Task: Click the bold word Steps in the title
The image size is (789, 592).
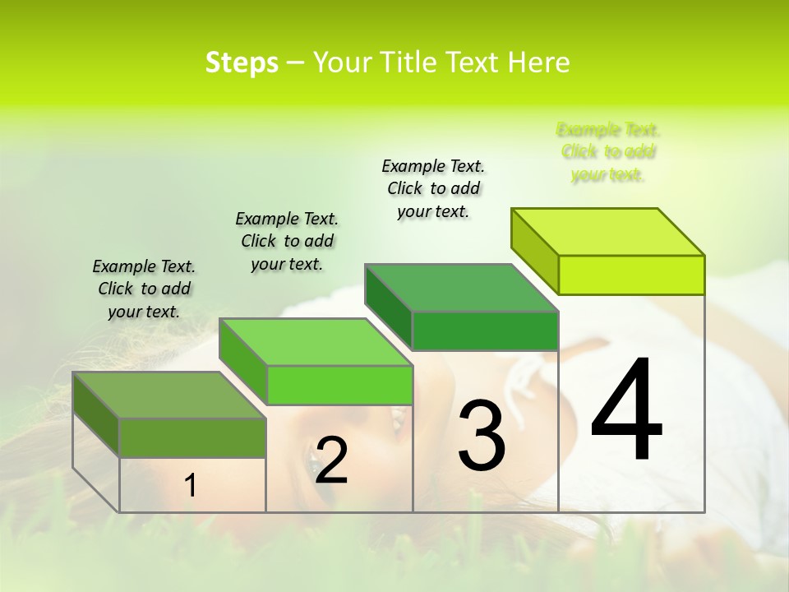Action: click(242, 62)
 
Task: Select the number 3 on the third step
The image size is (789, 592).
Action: click(482, 435)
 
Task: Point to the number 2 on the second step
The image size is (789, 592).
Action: click(331, 460)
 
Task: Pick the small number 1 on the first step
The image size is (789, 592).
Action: click(190, 486)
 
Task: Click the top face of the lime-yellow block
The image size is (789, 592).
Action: click(608, 232)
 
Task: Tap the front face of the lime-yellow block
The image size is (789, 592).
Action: click(631, 275)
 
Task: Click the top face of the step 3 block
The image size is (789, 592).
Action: click(461, 288)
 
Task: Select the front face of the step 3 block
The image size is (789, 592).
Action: click(485, 331)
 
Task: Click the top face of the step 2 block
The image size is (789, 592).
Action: click(316, 342)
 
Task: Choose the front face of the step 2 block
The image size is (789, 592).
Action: click(339, 385)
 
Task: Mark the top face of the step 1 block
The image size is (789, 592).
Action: click(169, 395)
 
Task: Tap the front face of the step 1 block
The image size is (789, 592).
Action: click(192, 437)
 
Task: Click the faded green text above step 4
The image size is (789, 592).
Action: click(608, 152)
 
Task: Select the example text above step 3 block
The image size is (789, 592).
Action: click(433, 188)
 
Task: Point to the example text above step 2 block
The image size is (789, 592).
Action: click(287, 241)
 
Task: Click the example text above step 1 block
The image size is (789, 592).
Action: click(144, 289)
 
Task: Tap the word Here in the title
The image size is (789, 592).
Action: click(538, 62)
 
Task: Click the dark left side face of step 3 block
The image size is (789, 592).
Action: click(388, 307)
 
